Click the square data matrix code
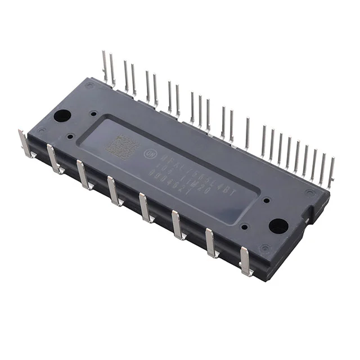pos(122,147)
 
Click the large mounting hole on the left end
pos(62,116)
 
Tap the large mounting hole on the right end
pos(278,226)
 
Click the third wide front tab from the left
pos(83,175)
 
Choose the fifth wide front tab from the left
pos(145,208)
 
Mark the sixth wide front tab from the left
pos(178,224)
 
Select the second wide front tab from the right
pos(211,242)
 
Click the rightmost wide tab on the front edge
pos(245,261)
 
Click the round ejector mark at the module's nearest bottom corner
pos(264,248)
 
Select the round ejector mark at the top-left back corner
pos(90,85)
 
